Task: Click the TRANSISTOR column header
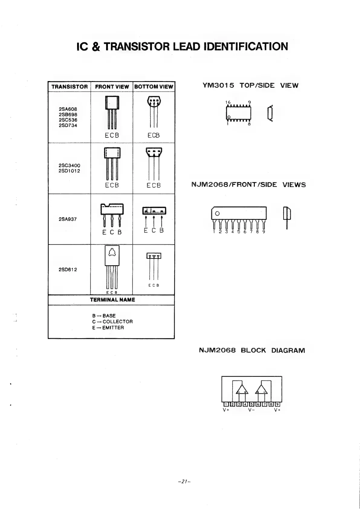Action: click(x=70, y=87)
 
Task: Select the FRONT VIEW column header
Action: click(x=112, y=87)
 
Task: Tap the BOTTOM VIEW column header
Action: click(x=154, y=87)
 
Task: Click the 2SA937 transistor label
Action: click(x=68, y=219)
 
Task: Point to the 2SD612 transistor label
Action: click(x=68, y=269)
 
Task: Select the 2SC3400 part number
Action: click(x=70, y=165)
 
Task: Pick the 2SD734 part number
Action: click(x=68, y=126)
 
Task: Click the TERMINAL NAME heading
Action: click(x=112, y=300)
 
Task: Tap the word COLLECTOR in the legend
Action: click(x=118, y=321)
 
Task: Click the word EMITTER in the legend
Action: click(x=113, y=328)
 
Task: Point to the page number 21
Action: click(x=183, y=481)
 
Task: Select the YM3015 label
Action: click(x=218, y=85)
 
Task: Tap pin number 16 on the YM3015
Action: click(x=228, y=103)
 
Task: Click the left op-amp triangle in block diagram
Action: click(x=242, y=390)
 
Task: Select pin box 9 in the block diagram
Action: click(x=277, y=404)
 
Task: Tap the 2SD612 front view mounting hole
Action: click(x=112, y=253)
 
